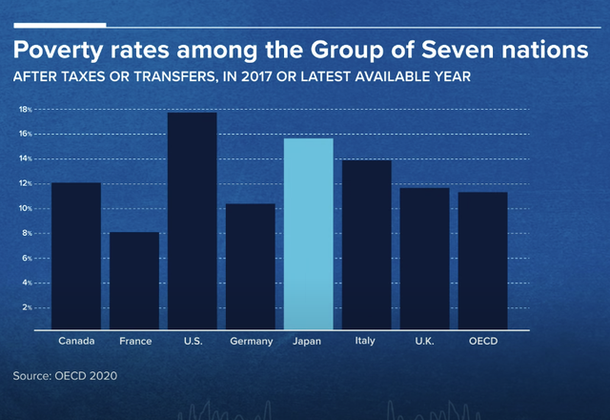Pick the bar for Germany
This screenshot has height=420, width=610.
[251, 266]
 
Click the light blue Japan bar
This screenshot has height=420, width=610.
[309, 234]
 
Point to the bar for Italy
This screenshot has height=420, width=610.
[367, 244]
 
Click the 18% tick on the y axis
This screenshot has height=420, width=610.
[25, 110]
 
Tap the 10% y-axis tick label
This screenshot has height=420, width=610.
[25, 209]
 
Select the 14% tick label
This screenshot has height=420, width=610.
[25, 159]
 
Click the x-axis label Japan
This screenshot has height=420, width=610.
[309, 341]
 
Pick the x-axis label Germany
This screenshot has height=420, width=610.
[251, 341]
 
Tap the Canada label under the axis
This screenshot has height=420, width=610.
[75, 341]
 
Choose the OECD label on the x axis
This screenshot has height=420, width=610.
[482, 341]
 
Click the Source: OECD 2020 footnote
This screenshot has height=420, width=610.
[64, 377]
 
